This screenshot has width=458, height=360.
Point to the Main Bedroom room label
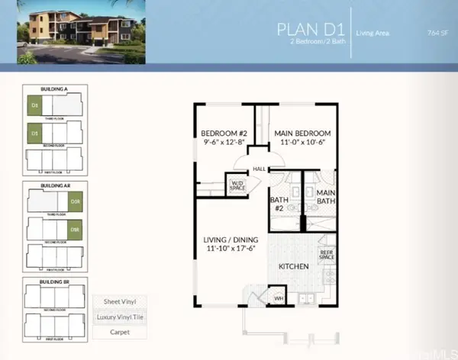tap(304, 134)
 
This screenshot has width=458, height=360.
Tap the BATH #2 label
tap(279, 204)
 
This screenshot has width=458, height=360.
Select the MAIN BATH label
tap(326, 198)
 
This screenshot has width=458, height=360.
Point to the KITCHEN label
tap(293, 266)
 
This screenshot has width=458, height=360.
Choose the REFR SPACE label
tap(327, 256)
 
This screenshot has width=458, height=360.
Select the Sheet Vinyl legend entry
tap(115, 303)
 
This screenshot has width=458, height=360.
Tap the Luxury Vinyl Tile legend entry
tap(115, 317)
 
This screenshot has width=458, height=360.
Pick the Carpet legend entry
tap(115, 332)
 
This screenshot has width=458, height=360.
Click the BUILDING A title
tap(56, 90)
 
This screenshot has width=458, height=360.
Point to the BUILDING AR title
tap(56, 185)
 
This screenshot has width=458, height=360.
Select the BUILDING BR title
tap(56, 282)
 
